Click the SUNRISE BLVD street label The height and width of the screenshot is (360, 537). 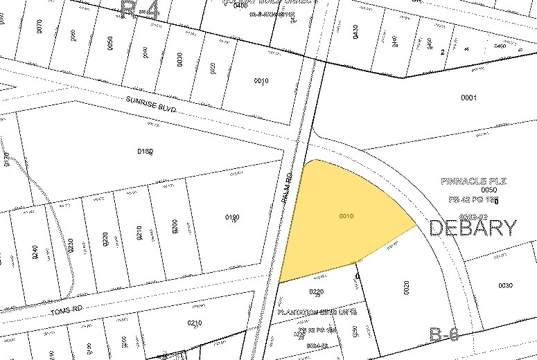coord(151,105)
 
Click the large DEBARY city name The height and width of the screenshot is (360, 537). coord(473,227)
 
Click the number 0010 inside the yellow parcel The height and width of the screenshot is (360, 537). coord(347,217)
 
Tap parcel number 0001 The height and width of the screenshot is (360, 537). coord(468,98)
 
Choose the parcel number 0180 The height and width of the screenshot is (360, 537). coord(144,151)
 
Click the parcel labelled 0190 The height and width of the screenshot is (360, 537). coord(232,218)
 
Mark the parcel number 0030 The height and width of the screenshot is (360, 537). coord(505,285)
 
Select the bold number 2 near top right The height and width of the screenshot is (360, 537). coord(441,52)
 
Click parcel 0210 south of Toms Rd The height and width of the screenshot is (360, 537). coord(195,323)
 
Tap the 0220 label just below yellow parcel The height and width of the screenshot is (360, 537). coord(317,291)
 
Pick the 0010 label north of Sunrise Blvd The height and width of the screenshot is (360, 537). coord(261,81)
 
